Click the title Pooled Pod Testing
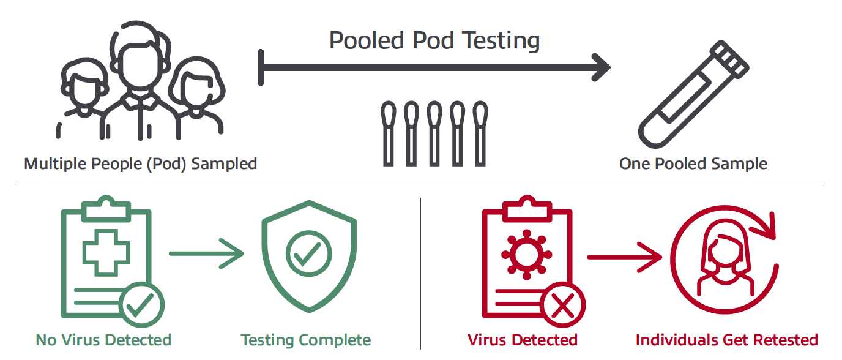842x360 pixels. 434,40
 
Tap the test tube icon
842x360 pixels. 693,94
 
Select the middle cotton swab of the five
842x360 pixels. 434,133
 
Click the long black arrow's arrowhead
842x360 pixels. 601,67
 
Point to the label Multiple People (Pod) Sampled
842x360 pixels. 140,164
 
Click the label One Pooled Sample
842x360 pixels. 693,163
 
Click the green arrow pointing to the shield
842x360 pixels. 206,253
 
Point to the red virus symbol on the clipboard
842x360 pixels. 527,255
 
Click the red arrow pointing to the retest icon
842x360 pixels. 624,257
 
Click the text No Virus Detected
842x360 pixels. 103,340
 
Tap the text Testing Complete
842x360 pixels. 305,340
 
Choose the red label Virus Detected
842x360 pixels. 523,340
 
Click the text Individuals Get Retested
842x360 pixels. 726,340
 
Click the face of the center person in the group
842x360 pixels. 140,67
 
